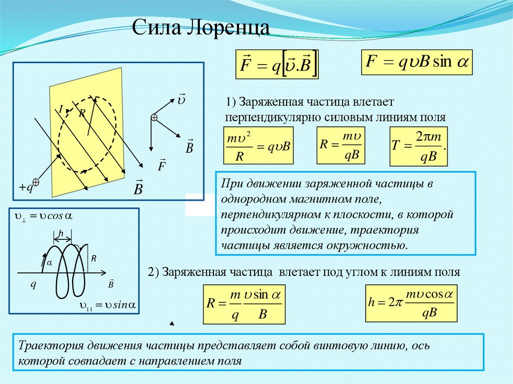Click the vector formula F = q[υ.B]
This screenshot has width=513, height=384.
click(277, 65)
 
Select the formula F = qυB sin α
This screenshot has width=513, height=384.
click(416, 62)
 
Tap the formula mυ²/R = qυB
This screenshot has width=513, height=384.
click(258, 146)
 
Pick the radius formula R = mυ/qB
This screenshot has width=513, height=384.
click(341, 145)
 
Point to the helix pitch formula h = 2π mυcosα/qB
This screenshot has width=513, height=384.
click(411, 303)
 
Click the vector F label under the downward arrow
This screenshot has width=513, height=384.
click(161, 165)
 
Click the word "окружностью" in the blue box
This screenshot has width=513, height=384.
click(372, 246)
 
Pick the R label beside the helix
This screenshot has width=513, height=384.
click(93, 257)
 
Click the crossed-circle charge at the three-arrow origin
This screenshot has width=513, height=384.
click(154, 117)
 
